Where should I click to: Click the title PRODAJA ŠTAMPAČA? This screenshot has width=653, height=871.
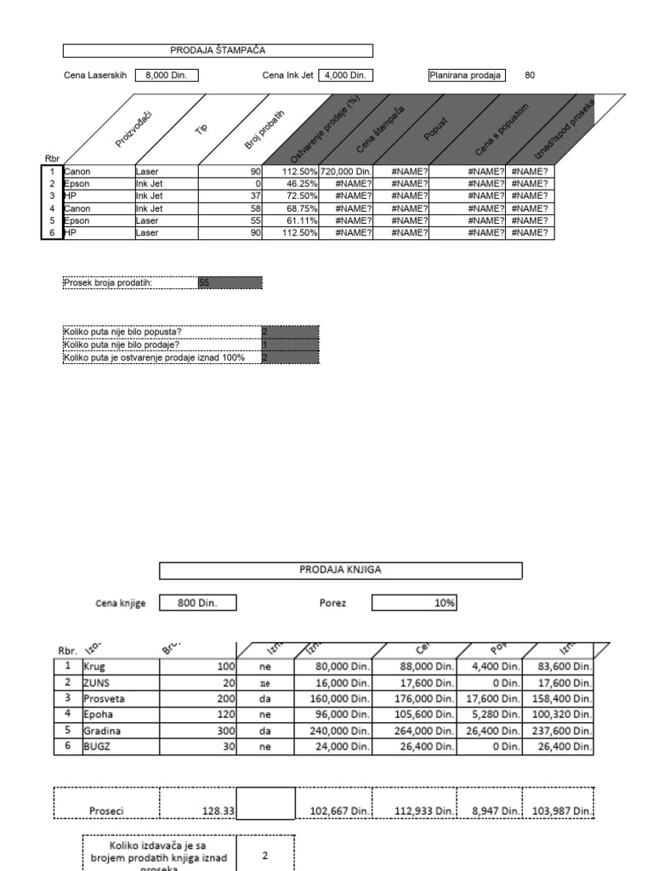tap(218, 51)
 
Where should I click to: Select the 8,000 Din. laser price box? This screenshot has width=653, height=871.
tap(167, 75)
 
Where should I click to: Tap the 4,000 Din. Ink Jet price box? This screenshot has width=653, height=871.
tap(346, 75)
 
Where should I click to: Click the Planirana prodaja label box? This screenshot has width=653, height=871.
tap(467, 75)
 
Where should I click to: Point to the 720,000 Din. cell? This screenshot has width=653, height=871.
tap(346, 172)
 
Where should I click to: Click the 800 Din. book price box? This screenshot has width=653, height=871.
tap(197, 603)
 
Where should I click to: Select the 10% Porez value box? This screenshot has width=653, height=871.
tap(414, 603)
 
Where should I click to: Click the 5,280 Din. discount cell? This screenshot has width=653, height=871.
tap(491, 714)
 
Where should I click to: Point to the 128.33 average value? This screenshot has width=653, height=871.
tap(197, 811)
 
